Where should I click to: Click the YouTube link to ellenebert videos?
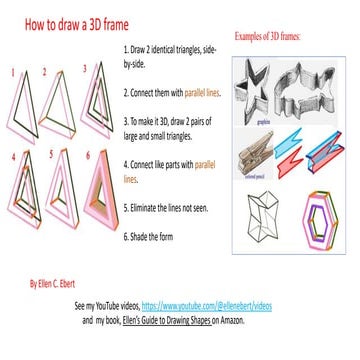point(206,301)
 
